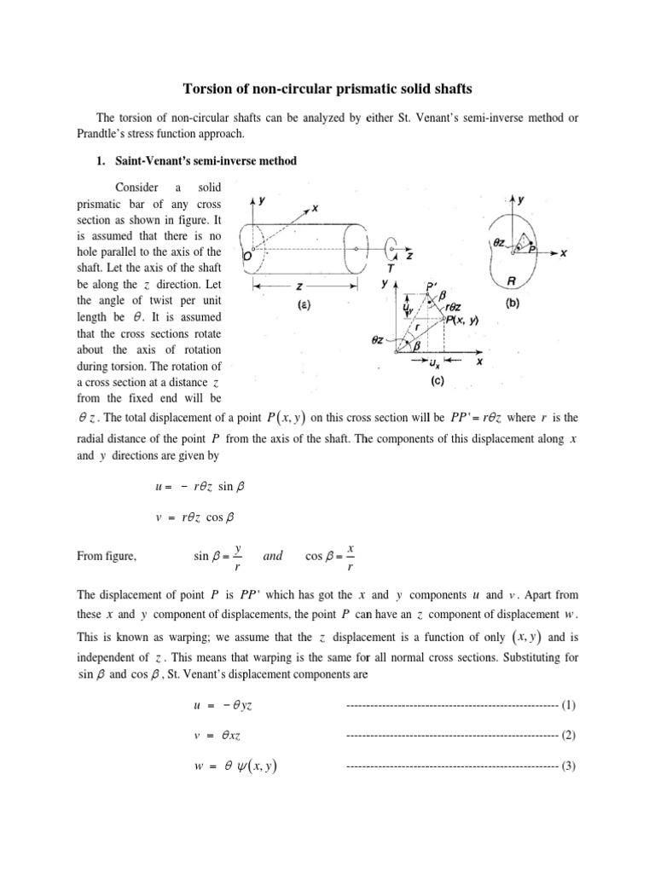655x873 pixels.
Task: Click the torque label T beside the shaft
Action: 391,266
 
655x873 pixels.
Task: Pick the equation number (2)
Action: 570,735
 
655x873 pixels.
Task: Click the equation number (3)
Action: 570,766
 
